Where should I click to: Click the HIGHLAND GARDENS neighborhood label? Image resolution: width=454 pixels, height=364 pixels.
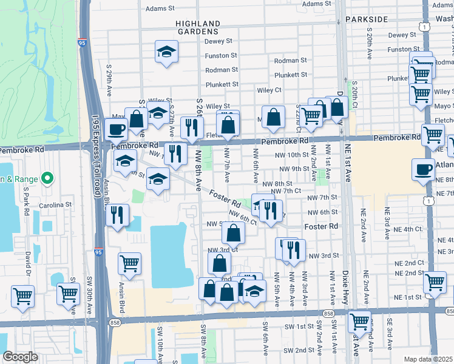coord(197,26)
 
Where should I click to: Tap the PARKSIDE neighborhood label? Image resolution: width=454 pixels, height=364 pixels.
coord(366,19)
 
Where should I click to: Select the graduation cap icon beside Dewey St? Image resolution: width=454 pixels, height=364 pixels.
coord(166,52)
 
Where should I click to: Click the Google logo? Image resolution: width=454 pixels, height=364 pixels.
coord(20,356)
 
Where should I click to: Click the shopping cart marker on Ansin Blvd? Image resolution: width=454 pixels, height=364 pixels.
coord(129,263)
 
